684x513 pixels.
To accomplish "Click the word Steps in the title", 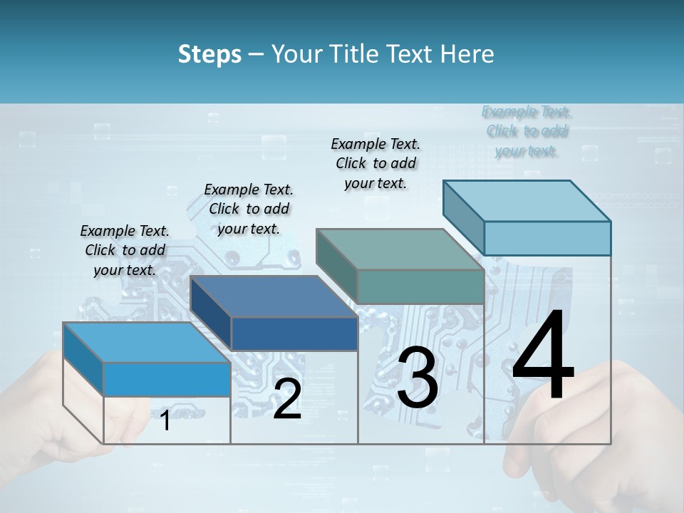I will click(x=209, y=54).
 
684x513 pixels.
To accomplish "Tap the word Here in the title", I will click(x=467, y=54).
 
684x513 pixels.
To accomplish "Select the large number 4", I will click(x=543, y=356).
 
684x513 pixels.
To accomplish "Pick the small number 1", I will click(x=165, y=420).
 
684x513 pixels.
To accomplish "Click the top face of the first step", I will click(x=146, y=342).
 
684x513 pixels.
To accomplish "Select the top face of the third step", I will click(x=400, y=249).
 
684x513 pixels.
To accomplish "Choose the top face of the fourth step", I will click(x=527, y=200).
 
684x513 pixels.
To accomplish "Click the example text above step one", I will click(x=125, y=250).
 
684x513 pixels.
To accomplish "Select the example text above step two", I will click(x=249, y=209).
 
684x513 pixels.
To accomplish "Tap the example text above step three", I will click(x=375, y=163).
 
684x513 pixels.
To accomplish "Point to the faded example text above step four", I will click(x=527, y=131).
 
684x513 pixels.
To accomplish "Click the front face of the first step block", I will click(x=167, y=379).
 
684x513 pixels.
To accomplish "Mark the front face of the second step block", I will click(x=294, y=333).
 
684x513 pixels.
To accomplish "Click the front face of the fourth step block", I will click(x=547, y=238).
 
